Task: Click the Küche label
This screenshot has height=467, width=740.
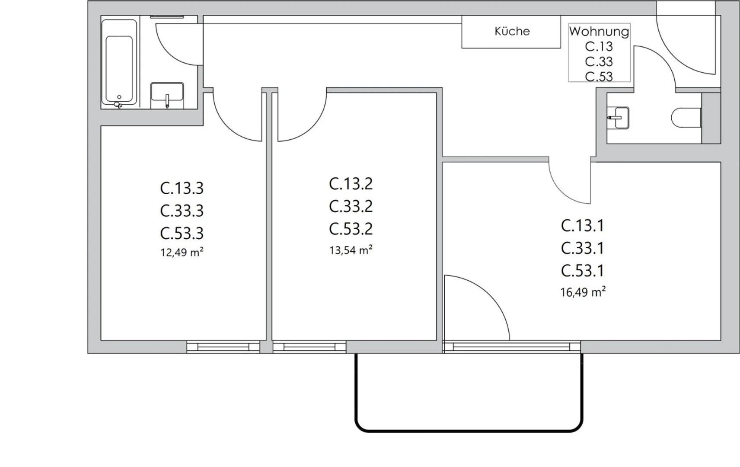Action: click(x=512, y=31)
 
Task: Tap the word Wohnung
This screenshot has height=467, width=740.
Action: click(x=599, y=32)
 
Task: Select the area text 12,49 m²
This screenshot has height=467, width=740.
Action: click(x=182, y=252)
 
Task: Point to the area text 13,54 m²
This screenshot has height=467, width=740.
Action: click(x=351, y=250)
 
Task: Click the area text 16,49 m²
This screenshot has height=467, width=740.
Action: click(x=583, y=292)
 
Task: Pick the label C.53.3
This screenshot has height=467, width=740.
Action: click(x=182, y=233)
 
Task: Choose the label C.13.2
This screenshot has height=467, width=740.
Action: click(x=351, y=184)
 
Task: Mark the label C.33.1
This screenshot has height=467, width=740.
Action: click(x=582, y=248)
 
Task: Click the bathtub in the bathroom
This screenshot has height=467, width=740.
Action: click(x=119, y=62)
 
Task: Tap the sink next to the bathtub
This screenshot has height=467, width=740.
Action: click(x=167, y=95)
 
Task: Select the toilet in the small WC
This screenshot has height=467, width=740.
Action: click(x=686, y=118)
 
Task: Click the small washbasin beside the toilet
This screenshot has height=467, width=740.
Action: click(x=619, y=118)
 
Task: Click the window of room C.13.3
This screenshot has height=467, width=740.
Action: click(x=223, y=347)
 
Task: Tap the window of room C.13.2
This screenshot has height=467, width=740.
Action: click(x=309, y=347)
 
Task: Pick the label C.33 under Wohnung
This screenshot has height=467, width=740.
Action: click(x=599, y=61)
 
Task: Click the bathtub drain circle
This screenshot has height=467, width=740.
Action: click(x=119, y=97)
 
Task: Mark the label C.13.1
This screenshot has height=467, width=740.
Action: click(x=582, y=226)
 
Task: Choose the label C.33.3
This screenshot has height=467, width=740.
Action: click(x=182, y=211)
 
